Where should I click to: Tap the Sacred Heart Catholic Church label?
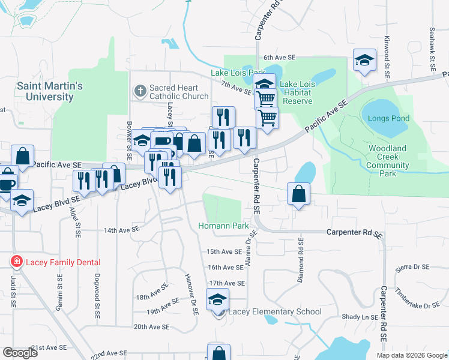pos(179,92)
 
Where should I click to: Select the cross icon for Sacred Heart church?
pos(139,92)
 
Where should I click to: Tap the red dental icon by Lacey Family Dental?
pos(16,262)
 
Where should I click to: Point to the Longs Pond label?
pos(388,118)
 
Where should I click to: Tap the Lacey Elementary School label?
pos(275,311)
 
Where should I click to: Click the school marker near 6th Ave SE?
pos(364,60)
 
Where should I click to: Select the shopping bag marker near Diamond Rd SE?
pos(298,194)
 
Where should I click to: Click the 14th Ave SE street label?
pos(122,230)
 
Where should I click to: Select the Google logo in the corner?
pos(20,353)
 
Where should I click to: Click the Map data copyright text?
pos(411,355)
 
